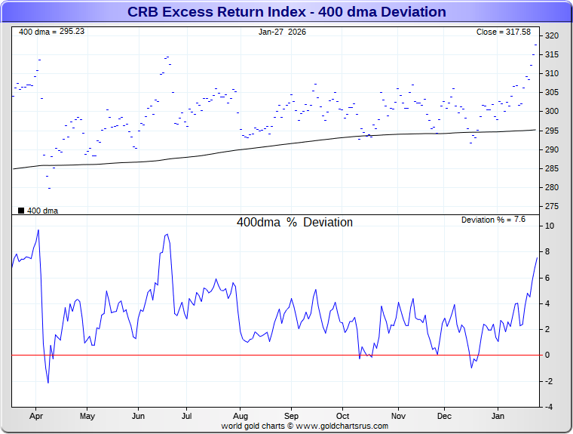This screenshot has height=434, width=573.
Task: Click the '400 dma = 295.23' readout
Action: point(51,32)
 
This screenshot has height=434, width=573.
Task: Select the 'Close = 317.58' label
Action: point(503,32)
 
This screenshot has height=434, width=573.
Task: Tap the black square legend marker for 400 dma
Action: point(21,211)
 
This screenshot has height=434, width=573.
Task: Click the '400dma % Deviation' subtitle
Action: point(295,223)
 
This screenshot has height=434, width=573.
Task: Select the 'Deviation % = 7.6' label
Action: point(493,220)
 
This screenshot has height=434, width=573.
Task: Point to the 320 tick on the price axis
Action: point(551,35)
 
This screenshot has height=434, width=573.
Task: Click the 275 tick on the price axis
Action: point(551,206)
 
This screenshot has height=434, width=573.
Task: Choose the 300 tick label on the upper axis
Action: point(551,112)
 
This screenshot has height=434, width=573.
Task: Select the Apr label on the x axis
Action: point(35,416)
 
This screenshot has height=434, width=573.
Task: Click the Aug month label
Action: point(240,416)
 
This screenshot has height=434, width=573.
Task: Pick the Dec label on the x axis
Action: point(444,416)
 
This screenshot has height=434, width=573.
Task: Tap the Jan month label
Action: point(498,416)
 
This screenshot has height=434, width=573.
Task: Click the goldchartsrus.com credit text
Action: point(305,426)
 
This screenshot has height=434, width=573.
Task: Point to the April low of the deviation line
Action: point(48,383)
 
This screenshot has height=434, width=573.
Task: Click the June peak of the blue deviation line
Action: point(166,235)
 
